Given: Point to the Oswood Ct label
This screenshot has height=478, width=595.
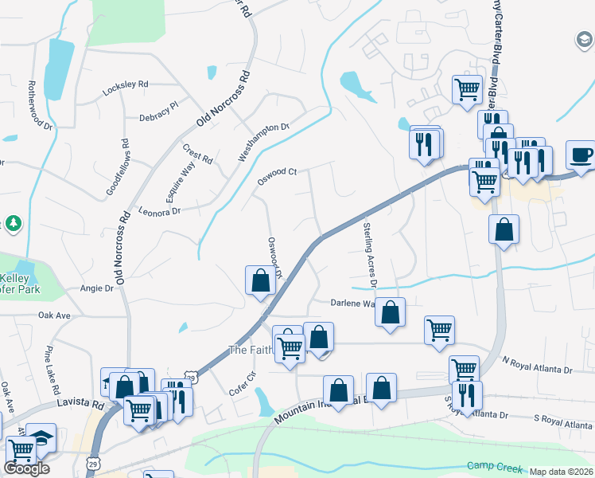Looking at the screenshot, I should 276,177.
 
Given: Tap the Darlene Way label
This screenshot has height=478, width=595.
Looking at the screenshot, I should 352,303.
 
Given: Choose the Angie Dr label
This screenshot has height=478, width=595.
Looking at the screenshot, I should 96,289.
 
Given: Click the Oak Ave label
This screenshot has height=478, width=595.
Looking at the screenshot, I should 55,315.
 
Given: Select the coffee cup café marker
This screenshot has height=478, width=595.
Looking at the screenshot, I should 580,154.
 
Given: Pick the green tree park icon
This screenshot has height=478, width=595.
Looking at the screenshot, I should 13,224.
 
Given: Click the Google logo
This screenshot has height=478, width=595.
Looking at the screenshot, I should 26,468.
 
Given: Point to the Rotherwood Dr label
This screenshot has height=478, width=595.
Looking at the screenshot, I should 39,104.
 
